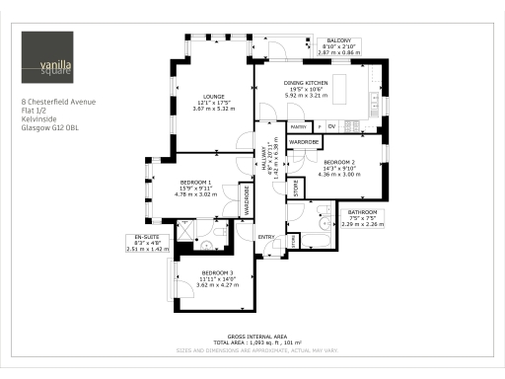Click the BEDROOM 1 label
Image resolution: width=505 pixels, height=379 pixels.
pos(194,183)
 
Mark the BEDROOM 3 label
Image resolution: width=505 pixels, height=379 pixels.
pos(216,271)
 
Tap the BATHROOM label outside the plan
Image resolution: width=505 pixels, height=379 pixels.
pos(362,212)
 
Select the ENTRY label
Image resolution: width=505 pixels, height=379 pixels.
pos(265,238)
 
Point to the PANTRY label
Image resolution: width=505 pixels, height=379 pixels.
pos(298,127)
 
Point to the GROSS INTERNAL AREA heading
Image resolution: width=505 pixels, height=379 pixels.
pos(254,337)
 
